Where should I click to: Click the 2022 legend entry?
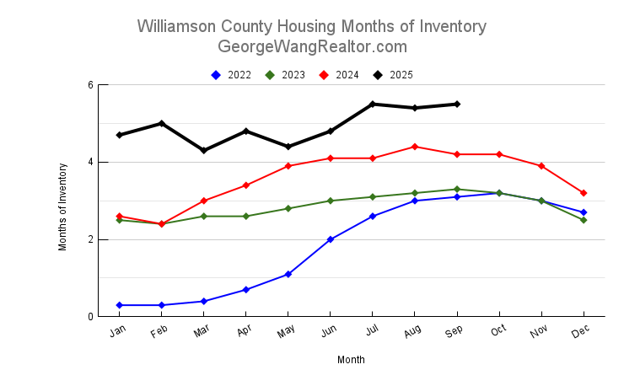click(232, 75)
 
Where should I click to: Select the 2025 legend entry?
click(394, 75)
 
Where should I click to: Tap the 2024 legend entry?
click(340, 75)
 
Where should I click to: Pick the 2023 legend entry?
click(286, 75)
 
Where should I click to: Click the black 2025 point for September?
click(457, 104)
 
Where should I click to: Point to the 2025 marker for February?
click(162, 123)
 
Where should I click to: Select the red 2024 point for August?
click(415, 147)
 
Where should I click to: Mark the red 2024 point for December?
click(584, 193)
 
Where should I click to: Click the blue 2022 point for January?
click(120, 305)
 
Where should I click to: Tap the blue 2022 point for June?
click(331, 239)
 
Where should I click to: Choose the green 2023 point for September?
click(457, 189)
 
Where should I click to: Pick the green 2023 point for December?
click(584, 220)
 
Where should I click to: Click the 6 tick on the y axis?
click(90, 85)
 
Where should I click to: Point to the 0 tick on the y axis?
click(90, 317)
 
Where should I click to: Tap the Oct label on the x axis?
click(498, 333)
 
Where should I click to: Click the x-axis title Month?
click(351, 360)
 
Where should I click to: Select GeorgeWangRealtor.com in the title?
click(312, 46)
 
